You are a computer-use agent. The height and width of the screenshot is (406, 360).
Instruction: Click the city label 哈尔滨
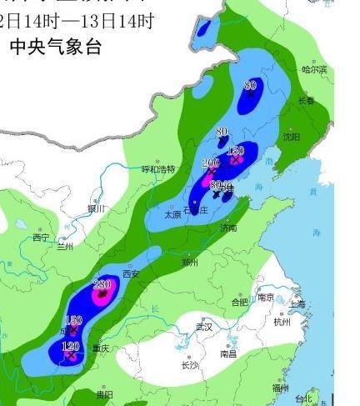tap(314, 69)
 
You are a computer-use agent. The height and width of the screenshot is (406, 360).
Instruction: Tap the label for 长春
tap(307, 102)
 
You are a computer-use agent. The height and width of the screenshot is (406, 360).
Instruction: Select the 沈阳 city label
tap(291, 136)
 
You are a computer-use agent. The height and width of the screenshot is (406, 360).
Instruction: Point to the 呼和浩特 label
tap(158, 169)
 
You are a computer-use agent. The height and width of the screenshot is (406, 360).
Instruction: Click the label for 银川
tap(97, 208)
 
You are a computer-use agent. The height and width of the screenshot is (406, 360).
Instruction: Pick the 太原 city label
tap(172, 214)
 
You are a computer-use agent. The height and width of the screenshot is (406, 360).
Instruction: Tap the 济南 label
tap(227, 227)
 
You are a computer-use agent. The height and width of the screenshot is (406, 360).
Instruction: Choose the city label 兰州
tap(65, 247)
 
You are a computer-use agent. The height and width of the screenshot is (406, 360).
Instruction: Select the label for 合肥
tap(239, 303)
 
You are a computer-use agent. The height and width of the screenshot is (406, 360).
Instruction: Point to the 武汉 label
tap(204, 327)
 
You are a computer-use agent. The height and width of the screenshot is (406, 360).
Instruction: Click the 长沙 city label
tap(189, 365)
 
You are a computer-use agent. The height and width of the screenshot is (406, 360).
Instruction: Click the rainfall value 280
tap(102, 285)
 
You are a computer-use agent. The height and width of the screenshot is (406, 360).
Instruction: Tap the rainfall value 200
tap(210, 163)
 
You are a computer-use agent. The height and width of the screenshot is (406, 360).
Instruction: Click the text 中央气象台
tap(55, 48)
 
